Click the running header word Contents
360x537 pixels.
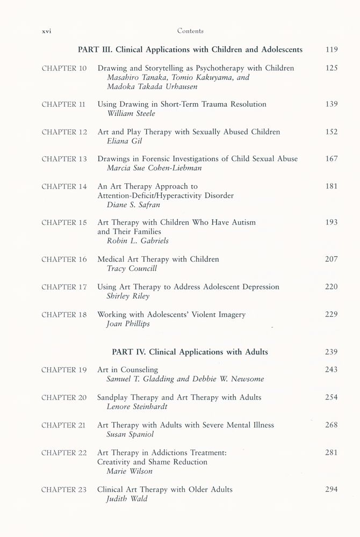190,31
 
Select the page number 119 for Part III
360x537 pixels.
331,50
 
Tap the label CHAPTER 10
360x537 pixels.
64,69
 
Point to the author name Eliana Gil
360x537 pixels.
123,141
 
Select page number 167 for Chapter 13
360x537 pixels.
331,159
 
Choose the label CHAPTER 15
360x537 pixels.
64,223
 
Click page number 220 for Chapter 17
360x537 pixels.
331,287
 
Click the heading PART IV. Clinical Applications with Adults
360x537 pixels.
190,352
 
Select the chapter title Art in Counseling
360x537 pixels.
127,370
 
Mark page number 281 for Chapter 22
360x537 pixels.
331,453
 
